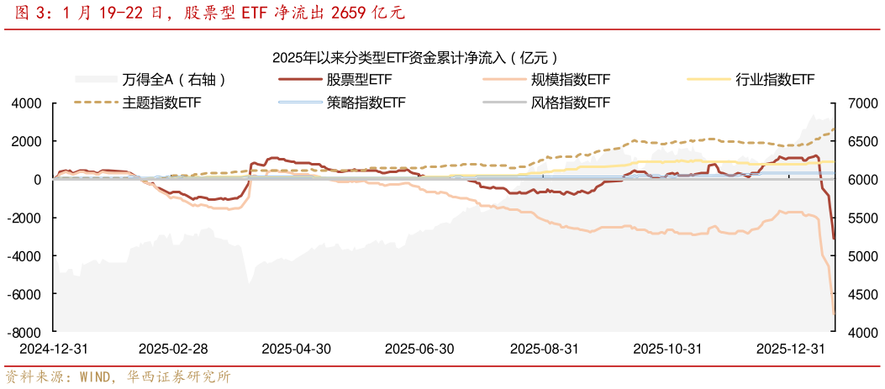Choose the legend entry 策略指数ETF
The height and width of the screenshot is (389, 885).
pos(366,103)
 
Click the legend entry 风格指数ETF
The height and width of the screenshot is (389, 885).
pos(571,103)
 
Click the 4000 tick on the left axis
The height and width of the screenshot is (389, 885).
pos(27,103)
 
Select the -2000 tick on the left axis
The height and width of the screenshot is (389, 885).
pos(25,218)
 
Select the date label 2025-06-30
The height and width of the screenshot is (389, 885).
pos(419,349)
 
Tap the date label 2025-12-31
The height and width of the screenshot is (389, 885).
pos(791,349)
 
